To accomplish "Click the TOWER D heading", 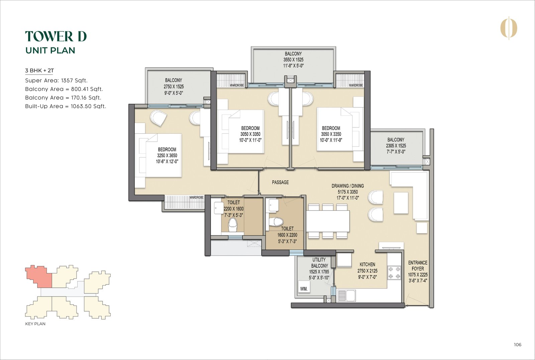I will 56,36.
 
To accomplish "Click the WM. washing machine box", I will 304,288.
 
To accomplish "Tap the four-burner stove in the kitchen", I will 394,272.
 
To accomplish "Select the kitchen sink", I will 346,295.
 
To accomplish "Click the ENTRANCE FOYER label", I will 418,266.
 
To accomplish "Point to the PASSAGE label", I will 280,182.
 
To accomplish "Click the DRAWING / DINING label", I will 347,186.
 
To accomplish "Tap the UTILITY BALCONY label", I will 319,263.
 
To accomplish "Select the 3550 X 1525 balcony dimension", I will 293,60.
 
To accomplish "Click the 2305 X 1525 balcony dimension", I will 396,146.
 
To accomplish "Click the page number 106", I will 517,345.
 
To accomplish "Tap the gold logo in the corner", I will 509,28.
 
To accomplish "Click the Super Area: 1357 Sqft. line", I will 56,81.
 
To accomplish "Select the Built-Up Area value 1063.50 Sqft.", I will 88,106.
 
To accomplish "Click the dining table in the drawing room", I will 328,221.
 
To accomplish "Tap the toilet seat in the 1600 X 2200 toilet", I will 276,222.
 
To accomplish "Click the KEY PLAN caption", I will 35,324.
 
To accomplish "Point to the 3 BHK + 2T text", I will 39,71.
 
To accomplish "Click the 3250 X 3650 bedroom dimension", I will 167,155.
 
